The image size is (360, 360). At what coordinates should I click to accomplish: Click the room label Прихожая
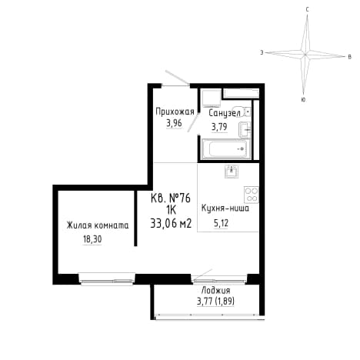(175, 112)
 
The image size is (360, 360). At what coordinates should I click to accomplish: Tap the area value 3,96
(174, 123)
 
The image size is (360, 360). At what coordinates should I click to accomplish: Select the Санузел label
(225, 113)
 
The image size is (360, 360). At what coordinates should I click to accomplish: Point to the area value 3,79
(219, 127)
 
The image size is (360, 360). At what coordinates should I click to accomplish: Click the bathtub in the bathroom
(225, 149)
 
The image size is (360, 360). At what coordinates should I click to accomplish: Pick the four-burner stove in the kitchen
(252, 195)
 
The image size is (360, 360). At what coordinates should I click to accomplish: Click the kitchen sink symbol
(232, 172)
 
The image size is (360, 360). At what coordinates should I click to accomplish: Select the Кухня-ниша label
(225, 208)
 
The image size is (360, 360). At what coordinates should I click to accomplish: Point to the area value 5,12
(221, 223)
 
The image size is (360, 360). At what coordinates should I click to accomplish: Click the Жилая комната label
(98, 225)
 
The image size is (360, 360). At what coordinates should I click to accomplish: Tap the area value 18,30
(92, 239)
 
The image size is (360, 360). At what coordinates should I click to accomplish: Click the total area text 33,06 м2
(171, 224)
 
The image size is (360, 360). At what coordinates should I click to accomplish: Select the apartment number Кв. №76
(171, 198)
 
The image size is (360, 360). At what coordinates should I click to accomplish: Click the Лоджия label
(215, 291)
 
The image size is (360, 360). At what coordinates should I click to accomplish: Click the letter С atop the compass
(308, 10)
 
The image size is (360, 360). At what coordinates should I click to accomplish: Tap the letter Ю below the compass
(303, 100)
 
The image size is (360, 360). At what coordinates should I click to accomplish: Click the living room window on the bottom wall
(107, 279)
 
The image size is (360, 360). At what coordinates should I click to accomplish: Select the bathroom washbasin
(245, 129)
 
